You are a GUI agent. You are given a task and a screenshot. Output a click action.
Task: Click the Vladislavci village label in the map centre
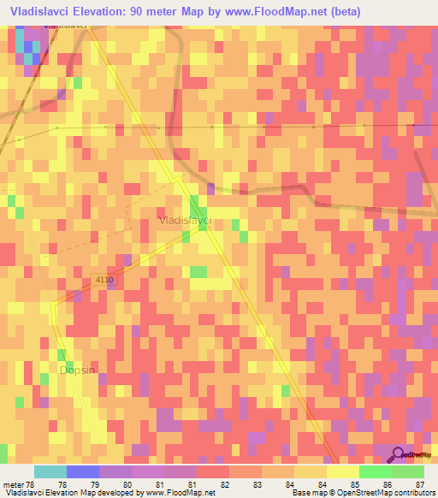(186, 221)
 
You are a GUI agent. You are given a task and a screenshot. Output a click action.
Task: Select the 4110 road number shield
(104, 280)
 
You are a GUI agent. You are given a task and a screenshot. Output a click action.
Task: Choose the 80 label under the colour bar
(127, 485)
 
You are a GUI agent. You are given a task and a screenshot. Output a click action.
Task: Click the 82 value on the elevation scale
(224, 485)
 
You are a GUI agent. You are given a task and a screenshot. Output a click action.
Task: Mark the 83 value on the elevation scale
(257, 485)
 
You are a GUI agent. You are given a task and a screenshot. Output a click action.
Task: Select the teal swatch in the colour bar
(50, 471)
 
